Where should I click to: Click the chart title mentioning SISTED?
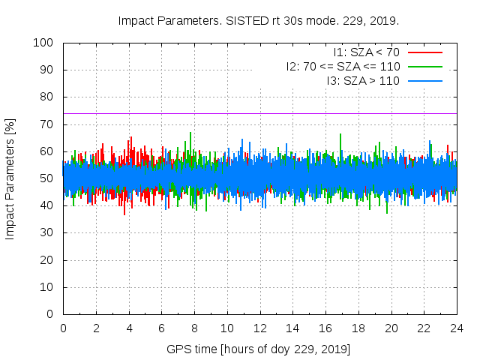(259, 20)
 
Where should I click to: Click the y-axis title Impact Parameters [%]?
(10, 178)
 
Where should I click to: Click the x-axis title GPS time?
(259, 349)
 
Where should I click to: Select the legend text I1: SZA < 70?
(367, 52)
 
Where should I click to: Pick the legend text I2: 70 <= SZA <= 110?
(343, 66)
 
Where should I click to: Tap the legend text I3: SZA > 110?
(363, 80)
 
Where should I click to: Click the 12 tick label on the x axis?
(260, 328)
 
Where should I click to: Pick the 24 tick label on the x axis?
(457, 328)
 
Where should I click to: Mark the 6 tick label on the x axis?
(161, 328)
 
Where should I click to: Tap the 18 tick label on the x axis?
(358, 328)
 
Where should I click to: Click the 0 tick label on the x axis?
(63, 328)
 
